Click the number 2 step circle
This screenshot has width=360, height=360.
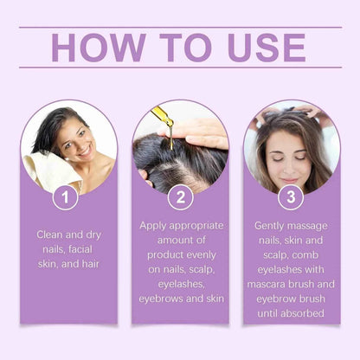point(179,197)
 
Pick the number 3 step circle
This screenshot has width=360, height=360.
point(292,197)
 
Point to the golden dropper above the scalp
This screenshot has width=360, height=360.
point(163,121)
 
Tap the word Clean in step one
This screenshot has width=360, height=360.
point(49,234)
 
